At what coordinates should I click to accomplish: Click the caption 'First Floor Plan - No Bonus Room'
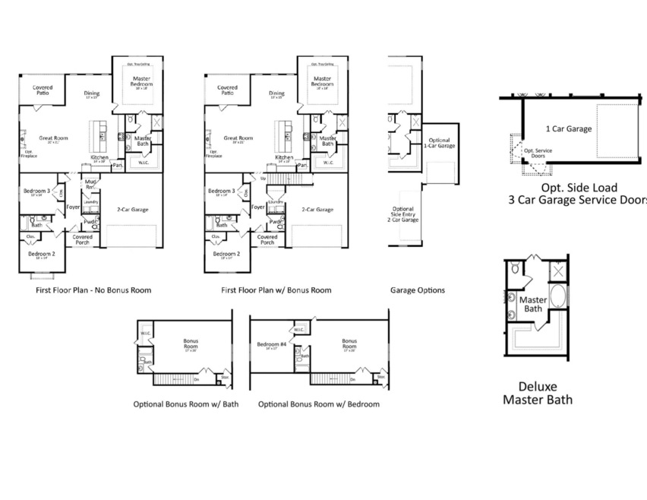click(x=93, y=290)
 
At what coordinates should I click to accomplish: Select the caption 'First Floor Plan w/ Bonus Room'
click(x=276, y=290)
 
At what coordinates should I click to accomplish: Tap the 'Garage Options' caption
click(x=418, y=290)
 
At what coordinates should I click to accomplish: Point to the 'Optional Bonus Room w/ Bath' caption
click(x=185, y=404)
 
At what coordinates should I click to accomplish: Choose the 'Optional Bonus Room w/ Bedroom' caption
click(x=319, y=404)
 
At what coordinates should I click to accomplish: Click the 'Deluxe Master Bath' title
click(x=538, y=393)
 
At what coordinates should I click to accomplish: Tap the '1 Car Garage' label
click(x=568, y=129)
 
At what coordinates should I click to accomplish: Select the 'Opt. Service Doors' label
click(x=538, y=153)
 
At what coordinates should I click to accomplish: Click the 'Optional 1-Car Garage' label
click(x=440, y=143)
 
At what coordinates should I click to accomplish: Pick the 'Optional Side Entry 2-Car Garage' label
click(x=403, y=216)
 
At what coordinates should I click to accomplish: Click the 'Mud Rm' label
click(x=90, y=184)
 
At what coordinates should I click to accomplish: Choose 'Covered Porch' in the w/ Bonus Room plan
click(x=267, y=239)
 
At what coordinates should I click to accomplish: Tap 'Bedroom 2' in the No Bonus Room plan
click(x=42, y=255)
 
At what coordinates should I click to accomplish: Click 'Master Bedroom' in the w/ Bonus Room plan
click(x=323, y=81)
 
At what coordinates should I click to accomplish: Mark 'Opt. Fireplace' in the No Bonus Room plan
click(x=28, y=153)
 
